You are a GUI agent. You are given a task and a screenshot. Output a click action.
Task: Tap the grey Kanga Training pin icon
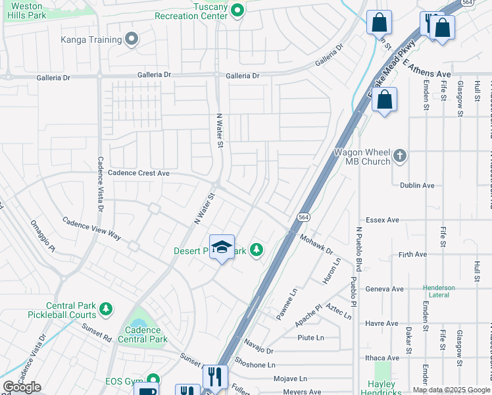coord(132,39)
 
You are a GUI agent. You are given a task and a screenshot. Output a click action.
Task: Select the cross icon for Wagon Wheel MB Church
coord(401,157)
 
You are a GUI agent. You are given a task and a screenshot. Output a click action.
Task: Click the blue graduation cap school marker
coord(222,248)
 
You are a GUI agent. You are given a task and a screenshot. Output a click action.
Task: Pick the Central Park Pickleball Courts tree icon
coord(105,308)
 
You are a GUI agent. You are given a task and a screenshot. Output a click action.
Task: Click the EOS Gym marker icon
coord(153,379)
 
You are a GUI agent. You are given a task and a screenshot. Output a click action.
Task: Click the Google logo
coord(22,387)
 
